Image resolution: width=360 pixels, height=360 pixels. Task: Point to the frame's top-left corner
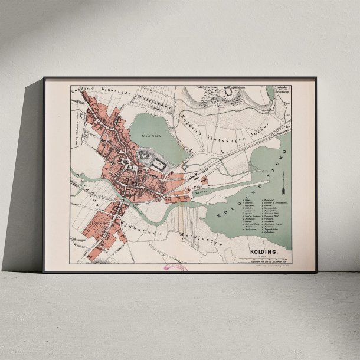[x=44, y=78]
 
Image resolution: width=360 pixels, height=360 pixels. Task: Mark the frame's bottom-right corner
[x=316, y=272]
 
